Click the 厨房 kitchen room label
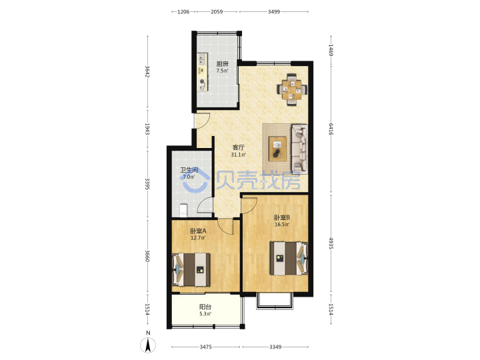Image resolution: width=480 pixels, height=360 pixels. click(222, 64)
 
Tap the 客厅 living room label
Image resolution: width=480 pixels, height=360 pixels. click(239, 148)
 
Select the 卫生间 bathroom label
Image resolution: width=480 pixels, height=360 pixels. click(189, 170)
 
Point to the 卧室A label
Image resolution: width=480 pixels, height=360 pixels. click(198, 231)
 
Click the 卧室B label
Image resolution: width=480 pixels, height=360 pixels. click(282, 217)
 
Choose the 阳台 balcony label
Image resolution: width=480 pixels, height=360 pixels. click(205, 307)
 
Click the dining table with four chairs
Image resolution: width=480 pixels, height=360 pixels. click(292, 89)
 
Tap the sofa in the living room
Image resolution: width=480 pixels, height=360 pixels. click(299, 148)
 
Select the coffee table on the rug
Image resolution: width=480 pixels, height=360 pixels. click(277, 149)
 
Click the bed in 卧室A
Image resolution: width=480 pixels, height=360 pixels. click(191, 270)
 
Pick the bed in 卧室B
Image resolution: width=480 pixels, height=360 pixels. click(289, 258)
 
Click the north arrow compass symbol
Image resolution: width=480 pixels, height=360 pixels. click(148, 344)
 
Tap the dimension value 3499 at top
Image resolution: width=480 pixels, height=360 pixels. click(274, 12)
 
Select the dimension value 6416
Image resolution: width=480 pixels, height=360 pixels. click(331, 129)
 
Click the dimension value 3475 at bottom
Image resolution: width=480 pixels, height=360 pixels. click(206, 347)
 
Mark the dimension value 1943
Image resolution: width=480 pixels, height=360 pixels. click(147, 129)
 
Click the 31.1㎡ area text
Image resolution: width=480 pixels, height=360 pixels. click(239, 155)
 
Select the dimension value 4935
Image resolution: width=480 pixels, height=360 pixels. click(331, 243)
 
